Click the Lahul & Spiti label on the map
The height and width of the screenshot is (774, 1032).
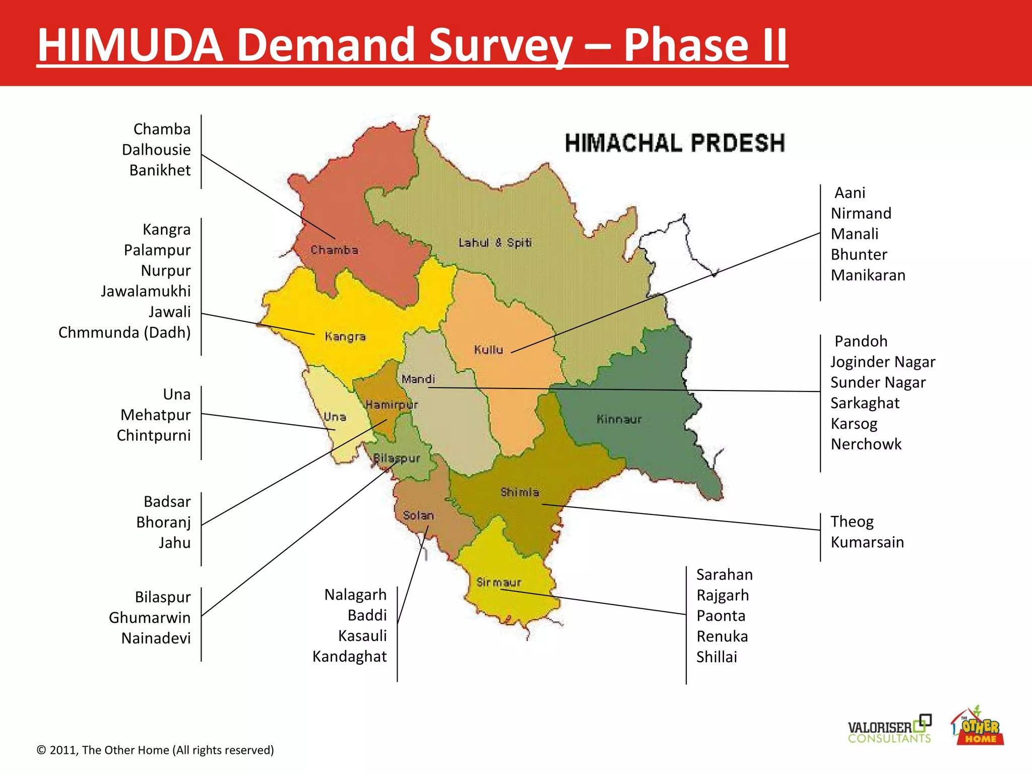pos(495,243)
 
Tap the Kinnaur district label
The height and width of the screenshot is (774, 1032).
pos(619,419)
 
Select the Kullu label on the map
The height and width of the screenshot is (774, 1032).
pos(488,350)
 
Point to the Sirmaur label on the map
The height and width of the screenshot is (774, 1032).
pos(499,583)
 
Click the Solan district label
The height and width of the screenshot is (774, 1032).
pos(418,515)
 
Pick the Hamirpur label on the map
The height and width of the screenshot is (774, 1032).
pos(392,405)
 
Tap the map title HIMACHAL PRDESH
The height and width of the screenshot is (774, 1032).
pos(674,143)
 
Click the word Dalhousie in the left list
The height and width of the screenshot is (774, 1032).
pos(156,150)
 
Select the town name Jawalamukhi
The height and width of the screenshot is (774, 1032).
pos(146,291)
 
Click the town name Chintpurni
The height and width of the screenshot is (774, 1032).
pos(154,435)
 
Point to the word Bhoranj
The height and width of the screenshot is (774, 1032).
pos(163,523)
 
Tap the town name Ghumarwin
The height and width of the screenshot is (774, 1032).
pos(150,618)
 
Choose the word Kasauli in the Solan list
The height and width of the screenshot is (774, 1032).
pos(362,636)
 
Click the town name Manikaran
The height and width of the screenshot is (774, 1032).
pos(868,275)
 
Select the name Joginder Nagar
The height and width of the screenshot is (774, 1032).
pos(883,362)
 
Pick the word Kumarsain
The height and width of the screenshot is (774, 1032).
pos(867,542)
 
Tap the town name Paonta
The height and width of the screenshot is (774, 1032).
pos(721,616)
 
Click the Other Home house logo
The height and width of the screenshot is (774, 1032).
pos(977,727)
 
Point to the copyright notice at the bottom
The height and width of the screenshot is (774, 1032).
pos(155,750)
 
